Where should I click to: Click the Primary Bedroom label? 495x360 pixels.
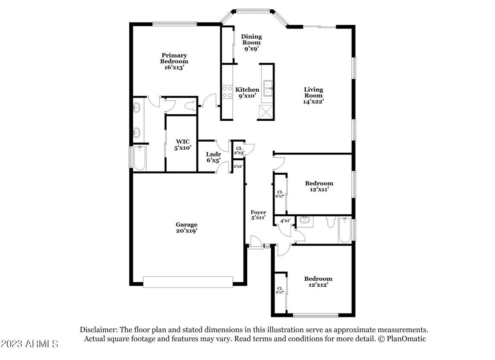[174, 61]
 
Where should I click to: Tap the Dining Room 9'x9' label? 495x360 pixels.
[252, 43]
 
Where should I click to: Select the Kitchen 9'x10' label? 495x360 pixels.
[247, 93]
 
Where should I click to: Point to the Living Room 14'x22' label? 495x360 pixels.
[313, 96]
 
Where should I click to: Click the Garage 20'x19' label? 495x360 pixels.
[187, 227]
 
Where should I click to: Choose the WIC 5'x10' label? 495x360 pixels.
[183, 145]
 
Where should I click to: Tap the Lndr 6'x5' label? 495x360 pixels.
[213, 157]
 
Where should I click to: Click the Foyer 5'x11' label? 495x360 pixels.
[258, 215]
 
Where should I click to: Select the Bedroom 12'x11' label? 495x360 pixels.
[319, 186]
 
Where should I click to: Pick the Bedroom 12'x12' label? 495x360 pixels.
[318, 282]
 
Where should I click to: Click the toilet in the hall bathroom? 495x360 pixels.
[330, 223]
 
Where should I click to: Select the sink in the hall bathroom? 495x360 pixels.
[304, 221]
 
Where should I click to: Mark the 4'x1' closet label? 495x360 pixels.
[285, 221]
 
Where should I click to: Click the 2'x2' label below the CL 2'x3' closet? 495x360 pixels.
[238, 166]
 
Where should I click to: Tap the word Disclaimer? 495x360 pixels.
[98, 330]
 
